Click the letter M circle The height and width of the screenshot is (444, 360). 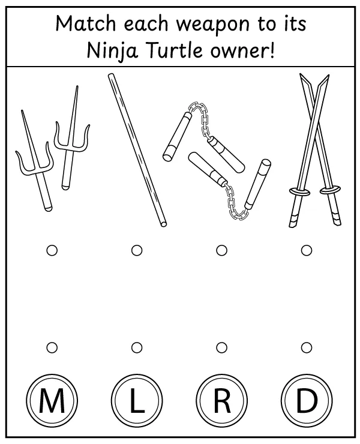(x=52, y=401)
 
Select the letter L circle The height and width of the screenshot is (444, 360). (x=137, y=401)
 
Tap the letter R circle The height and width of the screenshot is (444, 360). (x=221, y=401)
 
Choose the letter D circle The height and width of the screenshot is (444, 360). (x=306, y=401)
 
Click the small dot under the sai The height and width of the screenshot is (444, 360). (x=52, y=250)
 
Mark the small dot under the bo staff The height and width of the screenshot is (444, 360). (x=137, y=250)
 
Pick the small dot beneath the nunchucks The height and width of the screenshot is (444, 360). (x=221, y=250)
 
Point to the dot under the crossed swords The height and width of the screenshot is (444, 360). (x=307, y=250)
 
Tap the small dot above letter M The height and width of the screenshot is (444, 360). (x=52, y=347)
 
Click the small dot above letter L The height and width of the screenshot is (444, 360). (x=137, y=347)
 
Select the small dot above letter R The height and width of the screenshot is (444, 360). (x=221, y=347)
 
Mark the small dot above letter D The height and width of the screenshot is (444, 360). (x=307, y=347)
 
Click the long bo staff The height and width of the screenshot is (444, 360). (x=137, y=150)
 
